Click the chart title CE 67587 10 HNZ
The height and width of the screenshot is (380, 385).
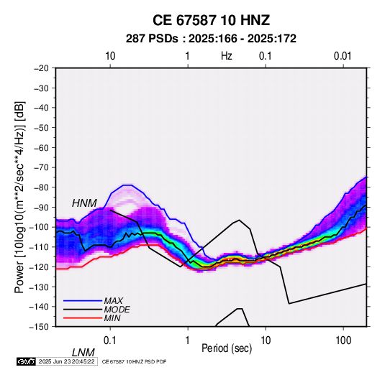tap(211, 20)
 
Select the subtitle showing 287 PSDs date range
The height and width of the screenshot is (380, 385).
tap(211, 39)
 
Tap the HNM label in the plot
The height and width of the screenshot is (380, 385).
tap(84, 203)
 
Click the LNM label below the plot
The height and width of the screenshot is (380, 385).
tap(83, 353)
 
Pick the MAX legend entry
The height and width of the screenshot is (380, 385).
tap(113, 300)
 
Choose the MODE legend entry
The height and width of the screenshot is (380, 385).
tap(117, 310)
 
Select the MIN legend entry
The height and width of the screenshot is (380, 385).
tap(112, 318)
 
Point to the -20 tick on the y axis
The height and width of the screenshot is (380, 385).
tap(41, 68)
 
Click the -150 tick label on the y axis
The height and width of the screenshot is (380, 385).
tap(39, 326)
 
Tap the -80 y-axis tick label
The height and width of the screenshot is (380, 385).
tap(41, 187)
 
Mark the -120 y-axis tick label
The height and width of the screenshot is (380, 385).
tap(39, 267)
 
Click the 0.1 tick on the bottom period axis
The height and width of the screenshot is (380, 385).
tap(110, 340)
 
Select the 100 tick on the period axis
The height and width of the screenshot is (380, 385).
tap(343, 340)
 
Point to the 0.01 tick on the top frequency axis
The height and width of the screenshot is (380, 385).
tap(343, 56)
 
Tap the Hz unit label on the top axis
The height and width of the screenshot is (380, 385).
tap(227, 56)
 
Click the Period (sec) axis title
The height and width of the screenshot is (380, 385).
tap(227, 348)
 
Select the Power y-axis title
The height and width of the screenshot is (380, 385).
tap(19, 197)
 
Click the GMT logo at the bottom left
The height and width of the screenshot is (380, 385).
tap(26, 361)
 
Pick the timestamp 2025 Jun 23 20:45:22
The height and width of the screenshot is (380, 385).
tap(66, 361)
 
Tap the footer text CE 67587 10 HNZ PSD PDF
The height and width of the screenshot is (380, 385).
tap(134, 361)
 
